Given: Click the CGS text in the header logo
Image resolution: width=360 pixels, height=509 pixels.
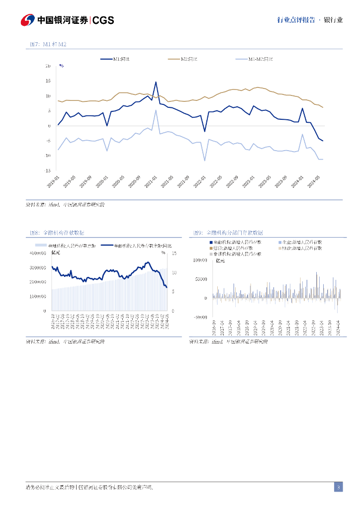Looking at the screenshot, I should pos(103,20).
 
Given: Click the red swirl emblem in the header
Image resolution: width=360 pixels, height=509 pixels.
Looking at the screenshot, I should pos(27,20).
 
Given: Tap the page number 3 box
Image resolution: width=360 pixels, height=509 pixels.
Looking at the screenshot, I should pos(338,487).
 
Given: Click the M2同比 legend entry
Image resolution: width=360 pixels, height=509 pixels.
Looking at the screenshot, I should pos(189,59).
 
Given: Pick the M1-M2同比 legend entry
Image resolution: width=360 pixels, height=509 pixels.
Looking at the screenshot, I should pos(261,59).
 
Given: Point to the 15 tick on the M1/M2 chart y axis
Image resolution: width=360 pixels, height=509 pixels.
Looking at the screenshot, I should pos(48,81).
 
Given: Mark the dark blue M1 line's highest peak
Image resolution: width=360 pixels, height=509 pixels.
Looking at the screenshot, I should pos(156,83).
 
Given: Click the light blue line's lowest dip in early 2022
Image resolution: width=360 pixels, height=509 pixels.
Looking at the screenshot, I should pos(204,160).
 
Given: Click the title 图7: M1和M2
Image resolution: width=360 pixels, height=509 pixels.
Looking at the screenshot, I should pos(48,45).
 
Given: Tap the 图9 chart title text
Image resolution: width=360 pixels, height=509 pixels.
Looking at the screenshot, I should pos(228,233).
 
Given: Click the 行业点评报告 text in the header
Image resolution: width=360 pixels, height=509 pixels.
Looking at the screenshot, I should pos(296,20).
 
